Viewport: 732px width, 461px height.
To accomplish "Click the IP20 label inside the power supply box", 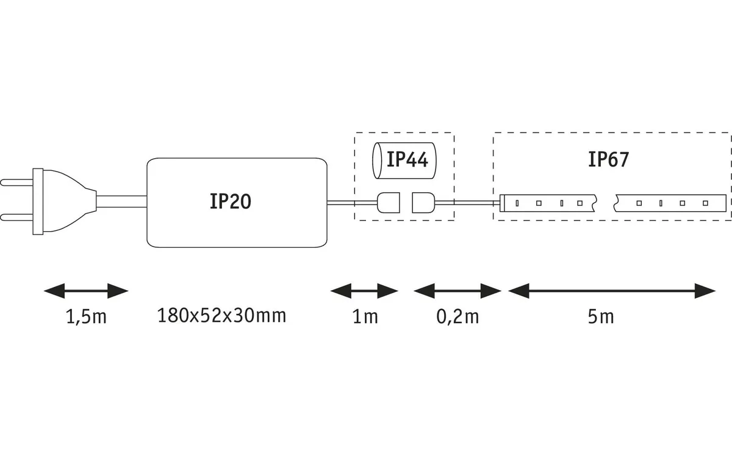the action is tap(231, 201).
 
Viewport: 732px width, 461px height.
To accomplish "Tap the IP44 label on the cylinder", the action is tap(407, 160).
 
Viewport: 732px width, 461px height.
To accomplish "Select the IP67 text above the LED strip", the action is tap(609, 159).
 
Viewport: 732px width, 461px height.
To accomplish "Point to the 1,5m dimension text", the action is tap(86, 317).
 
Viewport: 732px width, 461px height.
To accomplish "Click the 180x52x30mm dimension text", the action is tap(221, 316).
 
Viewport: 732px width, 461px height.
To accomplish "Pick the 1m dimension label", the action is tap(365, 317).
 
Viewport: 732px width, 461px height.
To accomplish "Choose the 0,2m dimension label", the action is tap(457, 317).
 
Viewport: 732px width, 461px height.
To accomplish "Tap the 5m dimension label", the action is tap(601, 317).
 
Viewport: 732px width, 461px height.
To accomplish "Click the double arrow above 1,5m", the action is tap(86, 291).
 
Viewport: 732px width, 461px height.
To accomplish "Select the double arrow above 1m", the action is tap(364, 291).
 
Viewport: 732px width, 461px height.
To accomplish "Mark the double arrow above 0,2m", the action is tap(457, 291).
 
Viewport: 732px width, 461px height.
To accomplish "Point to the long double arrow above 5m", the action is tap(612, 291).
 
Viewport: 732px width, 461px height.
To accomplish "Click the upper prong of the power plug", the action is tap(16, 182).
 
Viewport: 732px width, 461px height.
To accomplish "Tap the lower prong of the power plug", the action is tap(16, 217).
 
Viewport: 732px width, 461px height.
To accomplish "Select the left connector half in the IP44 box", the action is tap(388, 203).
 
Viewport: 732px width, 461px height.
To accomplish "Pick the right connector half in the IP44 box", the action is tap(423, 203).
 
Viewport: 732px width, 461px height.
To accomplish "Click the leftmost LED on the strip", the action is tap(517, 203).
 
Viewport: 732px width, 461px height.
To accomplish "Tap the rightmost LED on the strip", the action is tap(706, 203).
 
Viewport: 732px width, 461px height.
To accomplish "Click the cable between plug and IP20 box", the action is tap(121, 201).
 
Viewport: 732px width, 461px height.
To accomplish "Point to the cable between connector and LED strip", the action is tap(467, 203).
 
